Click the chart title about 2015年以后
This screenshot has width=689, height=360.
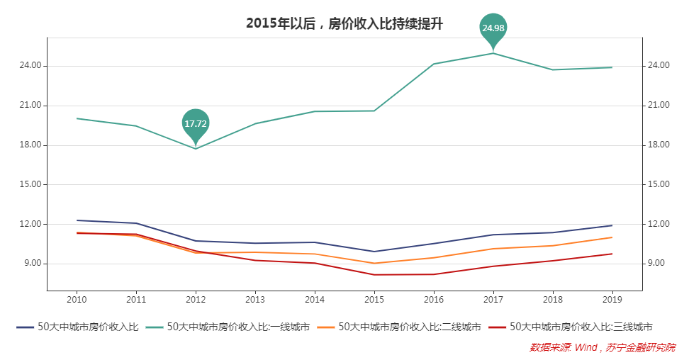tap(344, 23)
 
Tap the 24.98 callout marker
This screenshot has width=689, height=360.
tap(493, 28)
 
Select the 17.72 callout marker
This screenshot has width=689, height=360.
tap(196, 123)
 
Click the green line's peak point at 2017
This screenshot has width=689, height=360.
tap(493, 53)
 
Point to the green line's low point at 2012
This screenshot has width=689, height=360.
tap(196, 148)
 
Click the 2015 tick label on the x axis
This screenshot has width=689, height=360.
tap(374, 300)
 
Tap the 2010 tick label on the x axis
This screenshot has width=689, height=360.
tap(77, 300)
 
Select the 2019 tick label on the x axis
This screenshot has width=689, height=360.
tap(612, 300)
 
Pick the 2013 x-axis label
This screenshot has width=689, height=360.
tap(255, 300)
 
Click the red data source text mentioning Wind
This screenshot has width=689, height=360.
tap(602, 347)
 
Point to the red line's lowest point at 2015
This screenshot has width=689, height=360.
tap(374, 275)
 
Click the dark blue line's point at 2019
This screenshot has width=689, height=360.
tap(612, 225)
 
